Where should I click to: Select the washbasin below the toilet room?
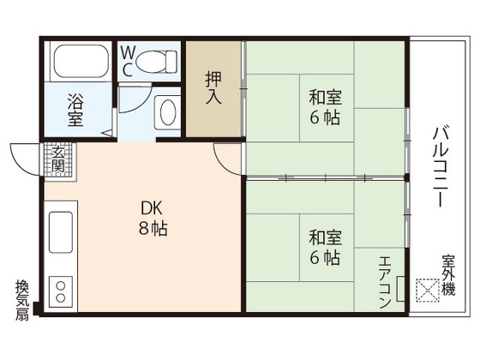(x=168, y=112)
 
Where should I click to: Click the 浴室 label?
(x=76, y=111)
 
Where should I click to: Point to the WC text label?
(x=126, y=61)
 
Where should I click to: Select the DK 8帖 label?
(x=154, y=219)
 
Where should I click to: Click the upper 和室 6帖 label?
(x=325, y=107)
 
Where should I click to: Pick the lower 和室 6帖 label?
(x=325, y=244)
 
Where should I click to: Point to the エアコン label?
(x=384, y=283)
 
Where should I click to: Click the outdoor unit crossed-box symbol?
(x=425, y=291)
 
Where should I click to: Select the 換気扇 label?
(x=21, y=300)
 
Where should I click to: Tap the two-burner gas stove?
(x=62, y=291)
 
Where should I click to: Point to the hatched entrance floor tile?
(x=58, y=159)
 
